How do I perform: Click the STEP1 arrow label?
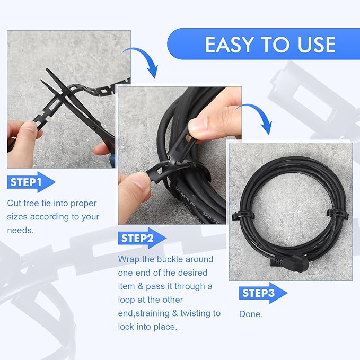click(x=31, y=183)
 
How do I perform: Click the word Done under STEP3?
click(x=250, y=314)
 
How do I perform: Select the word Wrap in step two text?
click(x=129, y=259)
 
